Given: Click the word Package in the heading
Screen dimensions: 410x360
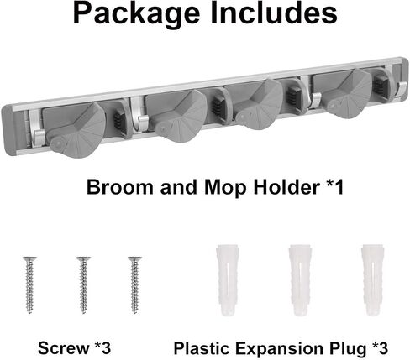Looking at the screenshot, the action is [136, 14].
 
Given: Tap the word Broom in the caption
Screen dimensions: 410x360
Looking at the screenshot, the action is [120, 187].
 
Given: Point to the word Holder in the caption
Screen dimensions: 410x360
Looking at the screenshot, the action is [286, 187].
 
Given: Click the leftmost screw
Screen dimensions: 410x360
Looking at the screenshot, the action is [29, 284].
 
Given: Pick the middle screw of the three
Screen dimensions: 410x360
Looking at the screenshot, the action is [83, 284].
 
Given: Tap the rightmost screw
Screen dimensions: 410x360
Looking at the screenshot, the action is [134, 284].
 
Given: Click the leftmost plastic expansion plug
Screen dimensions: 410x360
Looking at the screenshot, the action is [228, 280].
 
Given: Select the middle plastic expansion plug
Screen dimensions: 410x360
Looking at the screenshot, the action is [300, 280].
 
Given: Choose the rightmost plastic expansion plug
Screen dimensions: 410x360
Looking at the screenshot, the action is [372, 280].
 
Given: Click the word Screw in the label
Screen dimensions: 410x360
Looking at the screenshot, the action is [64, 348].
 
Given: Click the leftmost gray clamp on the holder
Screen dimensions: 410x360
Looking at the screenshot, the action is [75, 129].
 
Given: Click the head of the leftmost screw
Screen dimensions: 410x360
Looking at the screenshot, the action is [29, 258].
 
